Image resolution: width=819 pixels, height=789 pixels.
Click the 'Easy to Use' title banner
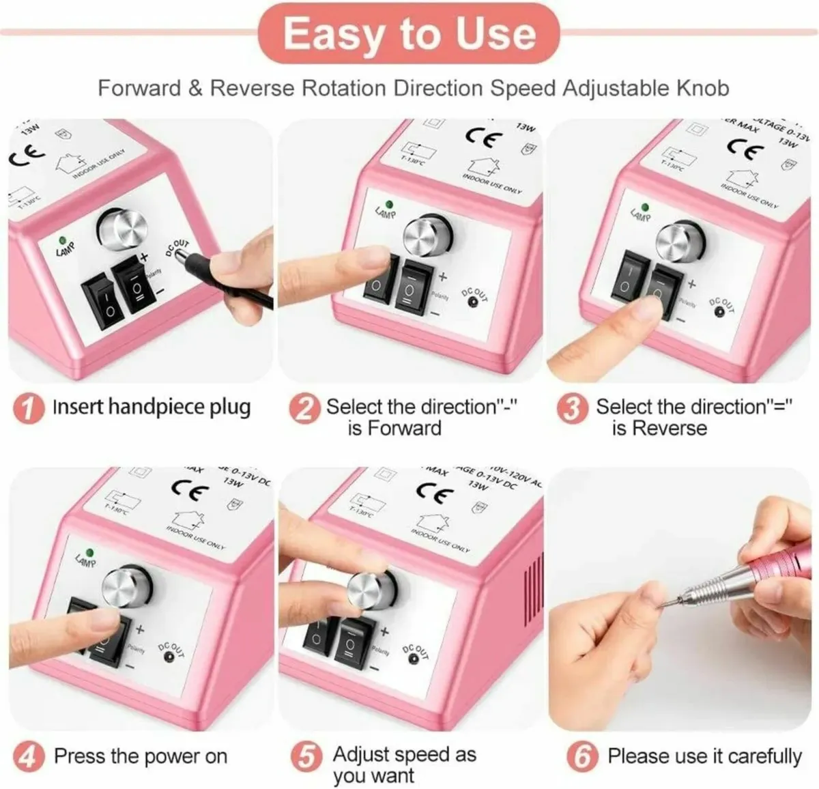pos(409,33)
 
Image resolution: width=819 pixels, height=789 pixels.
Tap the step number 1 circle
pos(28,408)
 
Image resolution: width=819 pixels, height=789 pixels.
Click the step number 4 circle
pos(28,757)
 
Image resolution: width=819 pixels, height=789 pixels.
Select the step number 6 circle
pos(581,757)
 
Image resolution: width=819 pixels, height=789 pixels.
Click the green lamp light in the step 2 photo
pos(388,203)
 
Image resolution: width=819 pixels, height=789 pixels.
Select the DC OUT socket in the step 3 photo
pos(718,312)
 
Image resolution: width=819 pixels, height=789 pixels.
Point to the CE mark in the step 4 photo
pos(186,489)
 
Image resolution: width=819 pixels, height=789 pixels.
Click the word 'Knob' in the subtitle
pos(703,88)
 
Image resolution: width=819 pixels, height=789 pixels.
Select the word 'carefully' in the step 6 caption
pos(763,757)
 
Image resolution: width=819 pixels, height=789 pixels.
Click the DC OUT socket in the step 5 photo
pos(412,659)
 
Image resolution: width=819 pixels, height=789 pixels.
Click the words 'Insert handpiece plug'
pos(152,407)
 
